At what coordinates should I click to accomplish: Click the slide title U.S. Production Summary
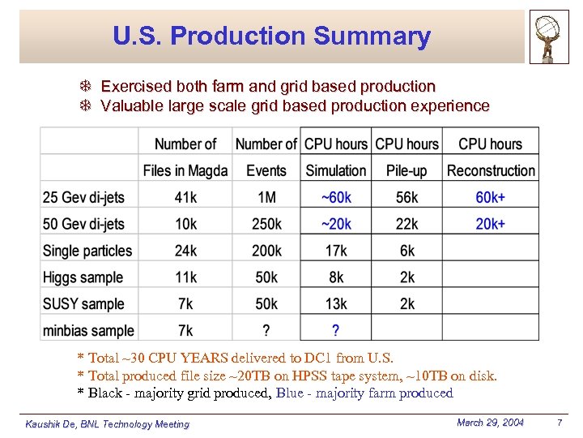click(x=271, y=36)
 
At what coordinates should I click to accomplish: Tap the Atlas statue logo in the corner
click(x=549, y=36)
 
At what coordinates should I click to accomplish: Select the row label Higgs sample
click(x=83, y=277)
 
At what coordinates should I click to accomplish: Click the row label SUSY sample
click(x=83, y=304)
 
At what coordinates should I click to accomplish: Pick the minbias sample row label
click(x=88, y=331)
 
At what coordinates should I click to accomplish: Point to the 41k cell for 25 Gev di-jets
click(x=185, y=197)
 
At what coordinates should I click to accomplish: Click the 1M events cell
click(x=266, y=197)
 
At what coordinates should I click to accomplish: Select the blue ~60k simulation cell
click(x=336, y=197)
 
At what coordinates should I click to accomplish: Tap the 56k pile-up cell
click(x=407, y=197)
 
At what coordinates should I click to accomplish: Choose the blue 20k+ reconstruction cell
click(x=491, y=224)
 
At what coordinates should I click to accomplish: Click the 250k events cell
click(x=266, y=224)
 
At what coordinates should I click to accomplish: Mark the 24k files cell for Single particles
click(x=185, y=251)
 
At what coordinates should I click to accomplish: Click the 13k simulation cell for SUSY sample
click(x=336, y=304)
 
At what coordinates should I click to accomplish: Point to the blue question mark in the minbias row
click(x=336, y=331)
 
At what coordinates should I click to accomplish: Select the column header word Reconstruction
click(x=491, y=170)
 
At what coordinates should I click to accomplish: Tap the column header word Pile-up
click(x=407, y=170)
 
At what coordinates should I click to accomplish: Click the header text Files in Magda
click(x=185, y=170)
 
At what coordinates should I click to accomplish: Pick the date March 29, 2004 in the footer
click(x=490, y=423)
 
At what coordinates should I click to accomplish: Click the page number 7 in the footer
click(x=559, y=423)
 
